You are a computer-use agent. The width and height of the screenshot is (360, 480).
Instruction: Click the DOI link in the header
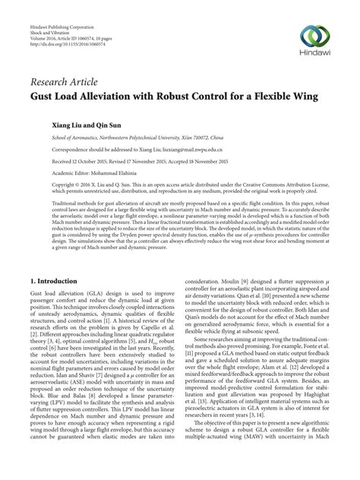[x=62, y=43]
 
